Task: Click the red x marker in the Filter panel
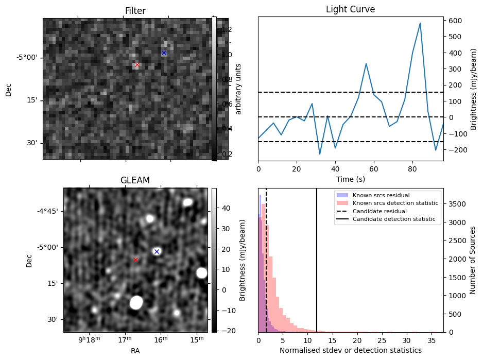pos(137,64)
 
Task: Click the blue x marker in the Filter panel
pos(164,53)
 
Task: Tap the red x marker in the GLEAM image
pos(135,260)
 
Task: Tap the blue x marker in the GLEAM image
pos(157,251)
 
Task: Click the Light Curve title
pos(350,10)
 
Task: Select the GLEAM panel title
pos(135,180)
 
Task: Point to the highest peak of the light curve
pos(420,23)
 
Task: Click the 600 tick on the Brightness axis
pos(456,21)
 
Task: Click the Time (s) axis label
pos(350,178)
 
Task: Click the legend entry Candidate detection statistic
pos(394,219)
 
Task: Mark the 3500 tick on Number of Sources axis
pos(457,204)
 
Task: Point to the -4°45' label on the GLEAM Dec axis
pos(47,211)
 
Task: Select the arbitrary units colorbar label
pos(238,89)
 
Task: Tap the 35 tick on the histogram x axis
pos(432,340)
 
